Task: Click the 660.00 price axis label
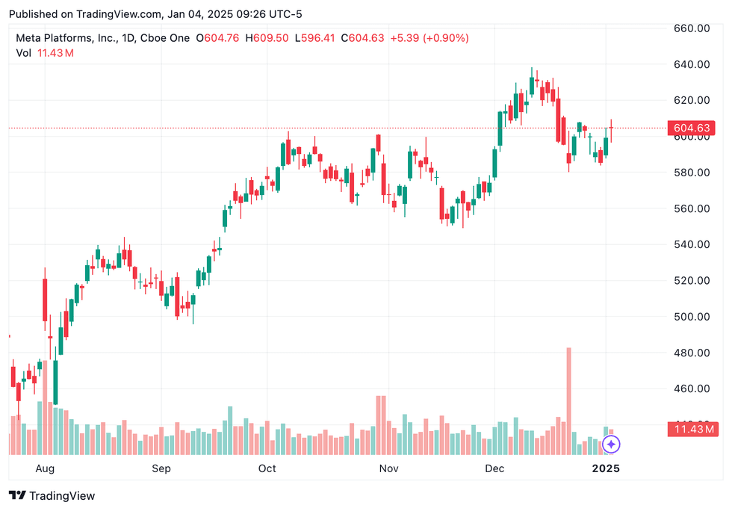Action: pyautogui.click(x=691, y=28)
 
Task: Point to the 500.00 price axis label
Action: pyautogui.click(x=691, y=317)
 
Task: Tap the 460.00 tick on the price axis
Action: pyautogui.click(x=691, y=388)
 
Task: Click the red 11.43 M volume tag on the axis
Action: pyautogui.click(x=695, y=429)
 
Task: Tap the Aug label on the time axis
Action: pyautogui.click(x=45, y=468)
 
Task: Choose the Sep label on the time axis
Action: pyautogui.click(x=161, y=468)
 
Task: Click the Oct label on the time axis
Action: pyautogui.click(x=267, y=468)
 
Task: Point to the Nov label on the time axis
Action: pyautogui.click(x=387, y=468)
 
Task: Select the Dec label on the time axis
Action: pyautogui.click(x=494, y=468)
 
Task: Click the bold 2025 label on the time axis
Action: pyautogui.click(x=605, y=468)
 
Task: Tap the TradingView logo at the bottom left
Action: pyautogui.click(x=52, y=495)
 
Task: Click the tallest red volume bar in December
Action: pyautogui.click(x=568, y=400)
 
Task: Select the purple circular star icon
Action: pyautogui.click(x=611, y=445)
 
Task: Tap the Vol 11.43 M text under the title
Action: pyautogui.click(x=44, y=53)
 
